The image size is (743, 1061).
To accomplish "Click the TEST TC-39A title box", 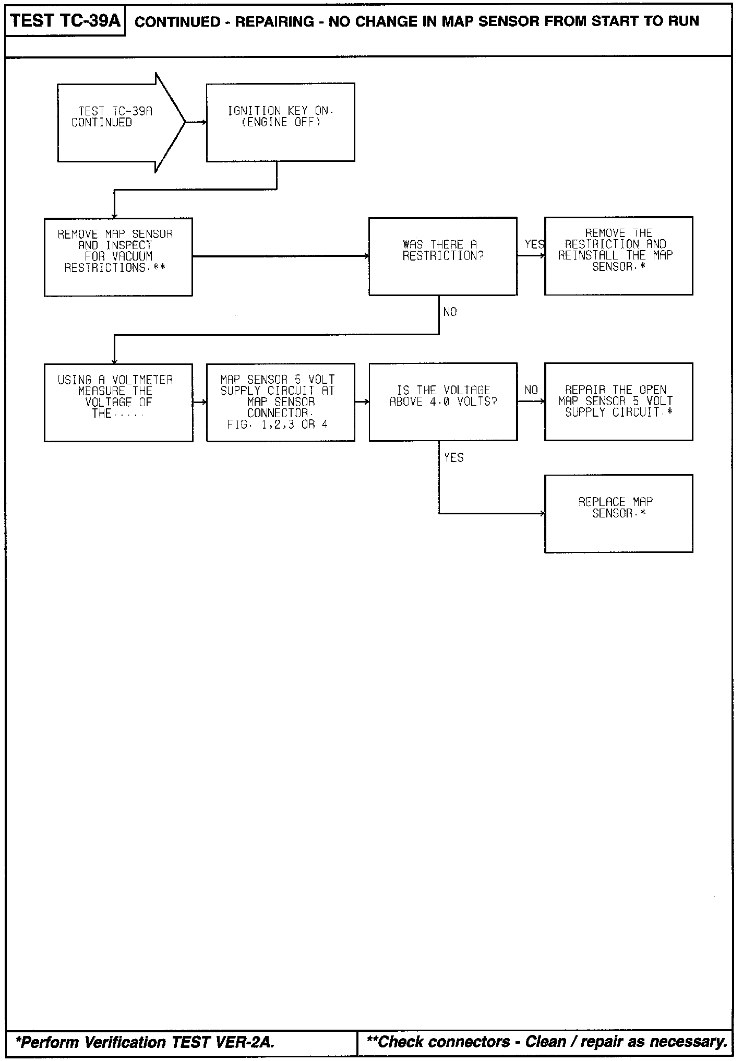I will (65, 21).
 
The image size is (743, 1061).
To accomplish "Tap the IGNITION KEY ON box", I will (280, 122).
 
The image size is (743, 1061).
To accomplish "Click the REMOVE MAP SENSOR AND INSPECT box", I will (118, 257).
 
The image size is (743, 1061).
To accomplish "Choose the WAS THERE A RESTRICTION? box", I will (442, 256).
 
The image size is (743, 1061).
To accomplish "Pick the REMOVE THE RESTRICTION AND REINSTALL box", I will (618, 256).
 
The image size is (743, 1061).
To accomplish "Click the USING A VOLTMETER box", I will (118, 403).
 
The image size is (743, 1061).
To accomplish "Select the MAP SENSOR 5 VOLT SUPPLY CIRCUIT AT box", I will (280, 403).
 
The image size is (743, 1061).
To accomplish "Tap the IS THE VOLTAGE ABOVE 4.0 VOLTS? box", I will (442, 402).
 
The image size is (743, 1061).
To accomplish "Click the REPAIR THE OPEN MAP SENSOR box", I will (618, 402).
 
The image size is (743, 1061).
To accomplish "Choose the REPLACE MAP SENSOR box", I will (618, 513).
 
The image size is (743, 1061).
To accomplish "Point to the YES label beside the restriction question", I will (534, 244).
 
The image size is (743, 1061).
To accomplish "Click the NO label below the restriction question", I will (450, 312).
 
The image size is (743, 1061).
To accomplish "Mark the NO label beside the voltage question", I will (531, 390).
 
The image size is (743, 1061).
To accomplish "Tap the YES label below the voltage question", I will (453, 458).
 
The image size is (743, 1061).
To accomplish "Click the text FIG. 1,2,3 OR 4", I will (277, 425).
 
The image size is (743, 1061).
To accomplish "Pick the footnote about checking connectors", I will (547, 1042).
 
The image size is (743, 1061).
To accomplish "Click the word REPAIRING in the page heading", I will (274, 21).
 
